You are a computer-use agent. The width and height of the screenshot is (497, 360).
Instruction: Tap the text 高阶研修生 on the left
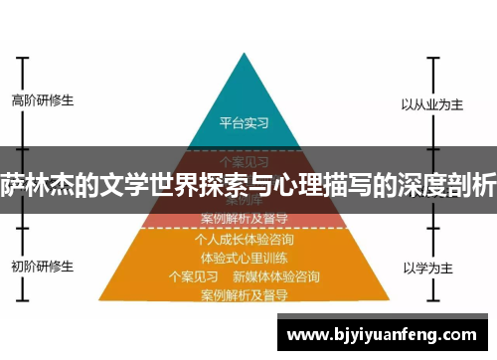[42, 100]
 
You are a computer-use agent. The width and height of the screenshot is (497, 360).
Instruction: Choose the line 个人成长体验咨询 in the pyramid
[245, 240]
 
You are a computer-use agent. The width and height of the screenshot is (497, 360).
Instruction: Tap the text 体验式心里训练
[245, 258]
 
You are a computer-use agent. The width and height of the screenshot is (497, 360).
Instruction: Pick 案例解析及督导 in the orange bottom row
[245, 294]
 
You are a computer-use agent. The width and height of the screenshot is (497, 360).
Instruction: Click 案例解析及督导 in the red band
[245, 216]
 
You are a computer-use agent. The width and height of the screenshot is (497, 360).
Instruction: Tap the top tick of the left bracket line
[21, 58]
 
